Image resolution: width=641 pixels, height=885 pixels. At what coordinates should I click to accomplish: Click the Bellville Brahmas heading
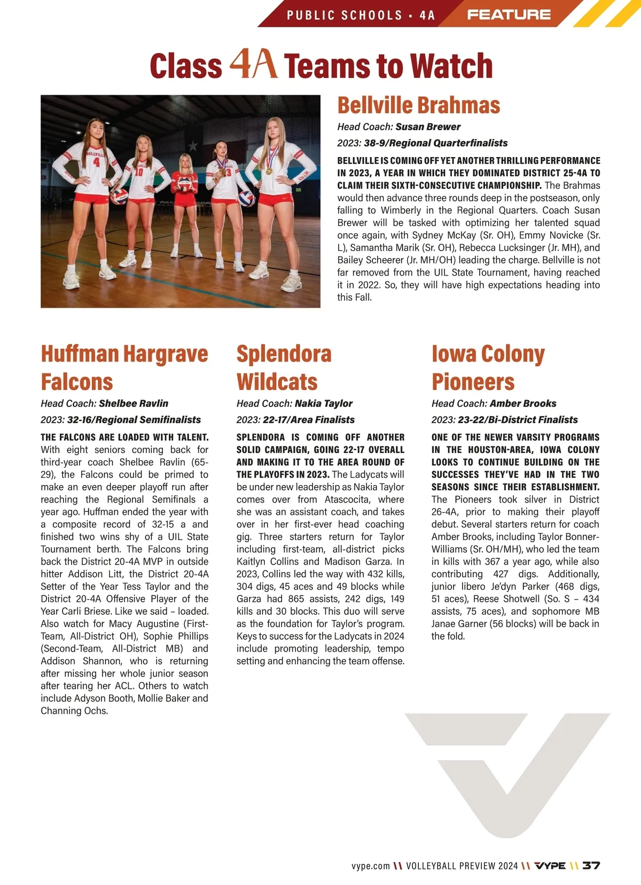[x=418, y=105]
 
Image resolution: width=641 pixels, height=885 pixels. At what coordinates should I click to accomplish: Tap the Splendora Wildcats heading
[x=284, y=367]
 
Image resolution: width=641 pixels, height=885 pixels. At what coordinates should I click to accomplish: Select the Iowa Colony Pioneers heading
[x=488, y=367]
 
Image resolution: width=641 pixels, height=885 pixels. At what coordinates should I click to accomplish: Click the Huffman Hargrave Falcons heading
[x=124, y=367]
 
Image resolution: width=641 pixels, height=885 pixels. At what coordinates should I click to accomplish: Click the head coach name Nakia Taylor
[x=323, y=403]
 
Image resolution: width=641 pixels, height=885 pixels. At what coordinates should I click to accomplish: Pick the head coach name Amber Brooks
[x=522, y=403]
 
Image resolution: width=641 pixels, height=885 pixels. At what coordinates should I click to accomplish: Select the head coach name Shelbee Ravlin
[x=133, y=403]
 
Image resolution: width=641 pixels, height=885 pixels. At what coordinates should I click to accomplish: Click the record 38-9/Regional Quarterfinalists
[x=435, y=143]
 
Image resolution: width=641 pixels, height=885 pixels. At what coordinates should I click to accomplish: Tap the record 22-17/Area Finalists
[x=308, y=420]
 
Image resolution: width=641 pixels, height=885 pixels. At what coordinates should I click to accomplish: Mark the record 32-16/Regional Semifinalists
[x=134, y=420]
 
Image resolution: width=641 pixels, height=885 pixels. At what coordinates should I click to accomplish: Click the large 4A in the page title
[x=253, y=64]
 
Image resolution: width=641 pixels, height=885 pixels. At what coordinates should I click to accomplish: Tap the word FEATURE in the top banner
[x=509, y=14]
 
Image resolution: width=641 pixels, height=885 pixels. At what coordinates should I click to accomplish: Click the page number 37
[x=591, y=865]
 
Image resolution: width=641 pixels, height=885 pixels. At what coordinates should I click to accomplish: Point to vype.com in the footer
[x=370, y=866]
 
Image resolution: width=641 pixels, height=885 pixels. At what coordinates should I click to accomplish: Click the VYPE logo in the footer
[x=550, y=865]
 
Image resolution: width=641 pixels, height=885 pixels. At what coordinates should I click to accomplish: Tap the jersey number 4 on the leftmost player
[x=96, y=162]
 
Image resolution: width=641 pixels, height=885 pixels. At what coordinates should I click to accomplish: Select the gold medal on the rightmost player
[x=269, y=171]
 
